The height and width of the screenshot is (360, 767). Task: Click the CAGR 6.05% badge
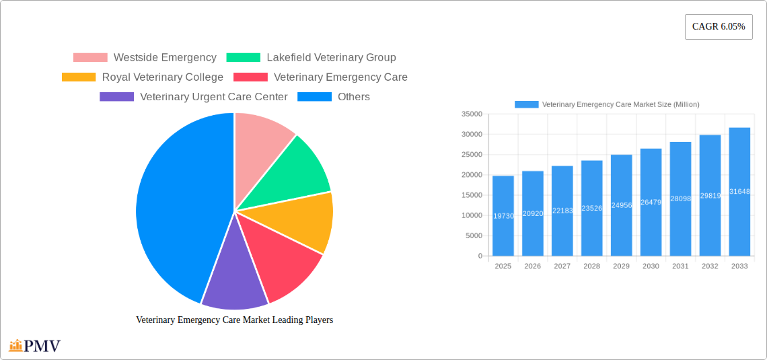718,27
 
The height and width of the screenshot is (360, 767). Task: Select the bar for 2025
503,215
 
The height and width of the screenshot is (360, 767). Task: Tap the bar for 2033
739,192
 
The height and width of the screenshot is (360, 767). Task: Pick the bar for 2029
621,205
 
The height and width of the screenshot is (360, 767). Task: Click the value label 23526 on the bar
592,209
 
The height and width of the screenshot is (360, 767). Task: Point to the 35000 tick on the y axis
472,114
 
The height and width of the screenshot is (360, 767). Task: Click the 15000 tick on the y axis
472,195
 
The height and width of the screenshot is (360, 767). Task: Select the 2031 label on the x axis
680,266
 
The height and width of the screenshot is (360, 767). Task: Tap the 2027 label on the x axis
562,266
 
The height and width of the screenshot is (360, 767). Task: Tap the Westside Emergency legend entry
145,58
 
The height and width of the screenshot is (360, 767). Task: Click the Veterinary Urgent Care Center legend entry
194,97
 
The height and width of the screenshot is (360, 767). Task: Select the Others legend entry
334,97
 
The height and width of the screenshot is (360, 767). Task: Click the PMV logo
35,346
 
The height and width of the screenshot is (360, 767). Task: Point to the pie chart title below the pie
234,320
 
